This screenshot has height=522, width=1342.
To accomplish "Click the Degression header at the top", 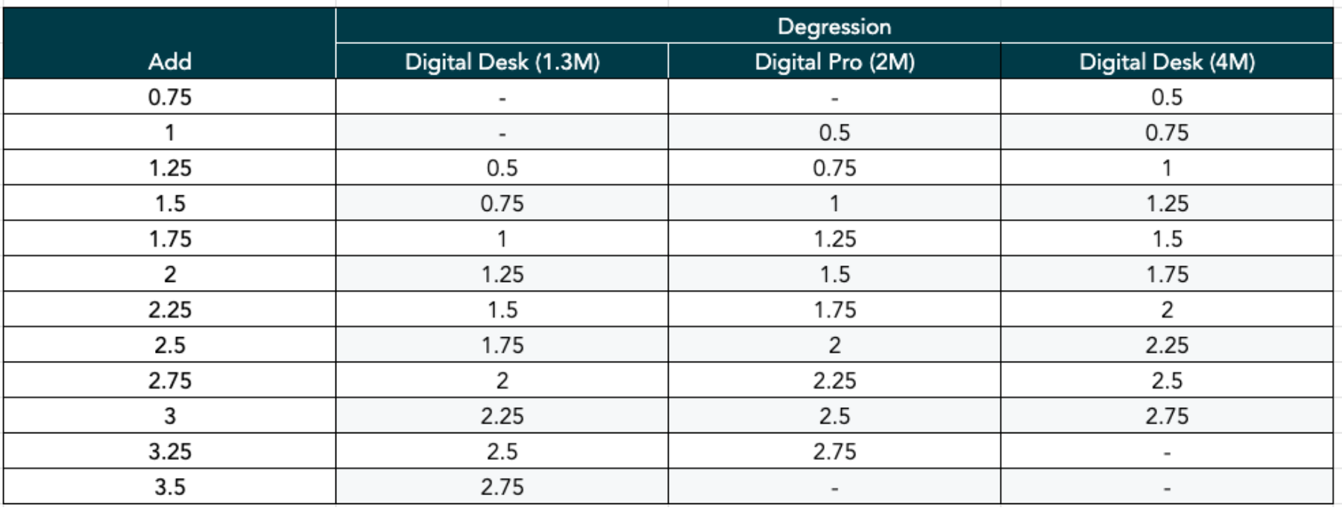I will tap(834, 27).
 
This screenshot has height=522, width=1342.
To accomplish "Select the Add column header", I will tap(169, 61).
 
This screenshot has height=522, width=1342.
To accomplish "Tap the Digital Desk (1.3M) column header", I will tap(502, 62).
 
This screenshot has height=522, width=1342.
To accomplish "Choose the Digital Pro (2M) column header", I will tap(834, 62).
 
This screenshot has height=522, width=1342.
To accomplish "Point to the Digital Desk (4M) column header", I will tap(1167, 62).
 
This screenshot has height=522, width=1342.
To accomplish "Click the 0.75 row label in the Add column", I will tap(169, 97).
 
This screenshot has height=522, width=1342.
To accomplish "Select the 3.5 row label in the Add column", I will tap(169, 487).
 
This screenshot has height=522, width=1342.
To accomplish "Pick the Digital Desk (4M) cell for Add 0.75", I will tap(1167, 97).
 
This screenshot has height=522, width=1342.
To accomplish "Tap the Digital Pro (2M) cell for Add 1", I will tap(834, 133).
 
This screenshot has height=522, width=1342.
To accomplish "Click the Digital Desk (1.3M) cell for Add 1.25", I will tap(502, 168).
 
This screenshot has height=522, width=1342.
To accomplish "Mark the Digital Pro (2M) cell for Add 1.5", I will tap(834, 204).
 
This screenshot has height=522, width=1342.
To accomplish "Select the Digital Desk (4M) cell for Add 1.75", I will tap(1167, 239).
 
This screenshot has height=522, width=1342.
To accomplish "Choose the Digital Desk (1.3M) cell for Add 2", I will tap(502, 274).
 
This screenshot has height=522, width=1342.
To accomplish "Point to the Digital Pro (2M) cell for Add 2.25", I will tap(834, 309).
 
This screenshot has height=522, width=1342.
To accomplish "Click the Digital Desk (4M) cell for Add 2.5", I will tap(1167, 345).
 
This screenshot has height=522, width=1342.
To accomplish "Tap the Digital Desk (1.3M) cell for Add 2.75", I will tap(502, 380).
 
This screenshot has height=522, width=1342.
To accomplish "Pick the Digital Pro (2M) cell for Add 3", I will tap(834, 416).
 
